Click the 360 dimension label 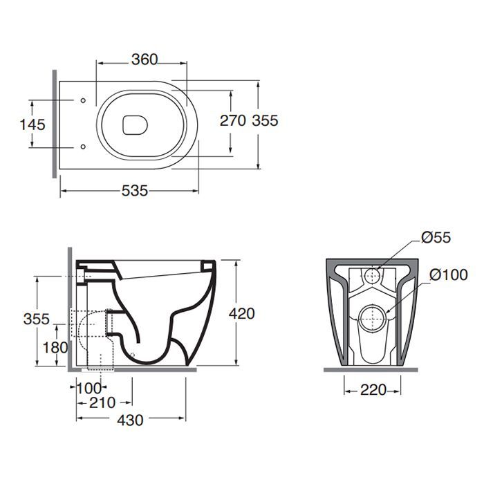pyautogui.click(x=145, y=59)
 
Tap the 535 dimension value pyautogui.click(x=135, y=191)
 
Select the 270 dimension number pyautogui.click(x=233, y=120)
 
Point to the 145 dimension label pyautogui.click(x=32, y=124)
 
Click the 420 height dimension pyautogui.click(x=242, y=314)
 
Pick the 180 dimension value pyautogui.click(x=55, y=348)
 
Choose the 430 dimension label pyautogui.click(x=130, y=420)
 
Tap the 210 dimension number pyautogui.click(x=102, y=402)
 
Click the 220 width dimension pyautogui.click(x=373, y=390)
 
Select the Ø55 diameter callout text pyautogui.click(x=436, y=237)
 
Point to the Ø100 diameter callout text pyautogui.click(x=449, y=274)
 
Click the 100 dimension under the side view pyautogui.click(x=89, y=389)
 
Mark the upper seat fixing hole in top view pyautogui.click(x=83, y=100)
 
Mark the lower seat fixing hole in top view pyautogui.click(x=83, y=147)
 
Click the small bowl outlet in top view pyautogui.click(x=135, y=125)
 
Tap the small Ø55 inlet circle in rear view pyautogui.click(x=373, y=276)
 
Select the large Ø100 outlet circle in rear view pyautogui.click(x=373, y=319)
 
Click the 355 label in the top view pyautogui.click(x=265, y=120)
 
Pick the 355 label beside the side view pyautogui.click(x=36, y=319)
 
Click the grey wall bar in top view pyautogui.click(x=55, y=124)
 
